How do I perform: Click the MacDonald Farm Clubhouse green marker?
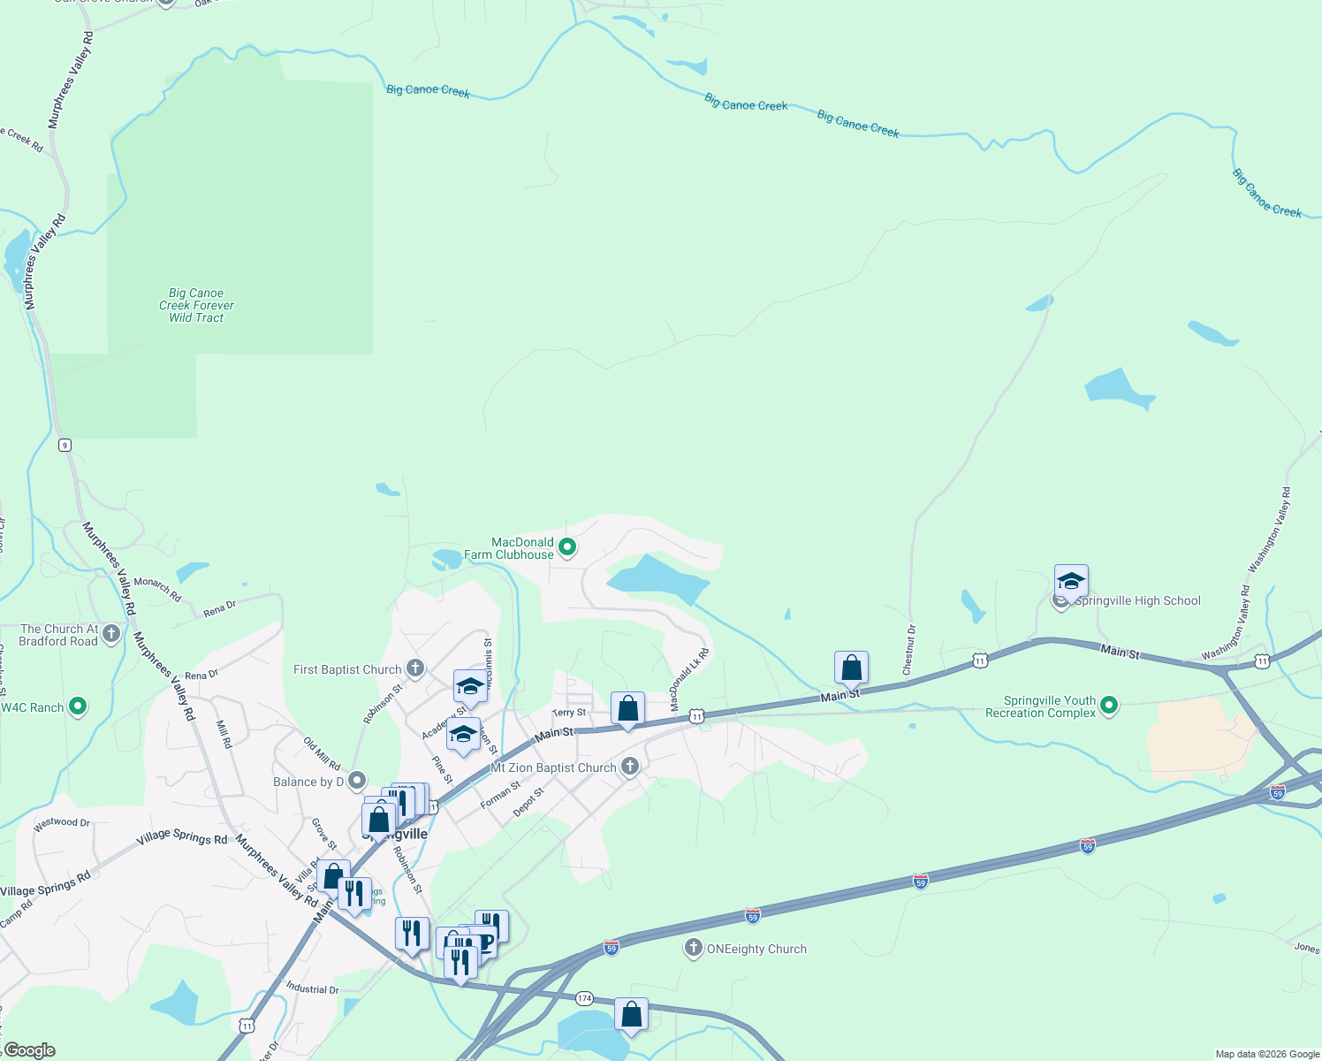coord(568,548)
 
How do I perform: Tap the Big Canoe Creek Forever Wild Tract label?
coord(196,305)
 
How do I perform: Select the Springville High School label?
coord(1138,601)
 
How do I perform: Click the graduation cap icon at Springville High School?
coord(1071,582)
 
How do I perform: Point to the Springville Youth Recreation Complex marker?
coord(1110,706)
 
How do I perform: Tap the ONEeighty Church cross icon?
coord(693,949)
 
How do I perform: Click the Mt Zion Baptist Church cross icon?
coord(629,766)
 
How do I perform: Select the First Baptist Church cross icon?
coord(415,668)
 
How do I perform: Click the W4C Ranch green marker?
coord(78,706)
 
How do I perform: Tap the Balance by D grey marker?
coord(357,781)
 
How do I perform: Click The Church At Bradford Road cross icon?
coord(111,633)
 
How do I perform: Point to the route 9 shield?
coord(65,445)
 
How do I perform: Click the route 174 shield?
coord(584,998)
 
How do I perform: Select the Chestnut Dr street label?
coord(909,650)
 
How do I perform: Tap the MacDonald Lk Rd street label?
coord(689,679)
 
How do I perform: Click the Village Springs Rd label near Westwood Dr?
coord(182,837)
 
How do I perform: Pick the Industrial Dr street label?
coord(312,988)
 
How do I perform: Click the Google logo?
coord(29,1050)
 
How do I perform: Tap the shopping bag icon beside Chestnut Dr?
coord(851,668)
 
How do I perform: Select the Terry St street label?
coord(568,713)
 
